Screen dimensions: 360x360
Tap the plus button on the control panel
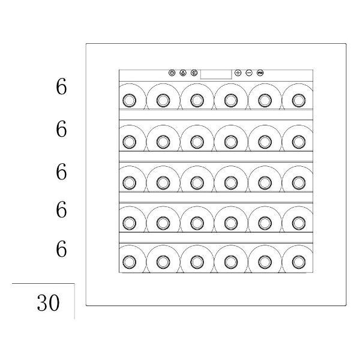coord(238,73)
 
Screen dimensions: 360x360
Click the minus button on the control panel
coord(249,73)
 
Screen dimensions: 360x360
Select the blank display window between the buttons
coord(216,74)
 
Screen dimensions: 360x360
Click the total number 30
coord(48,302)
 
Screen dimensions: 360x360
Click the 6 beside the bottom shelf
coord(61,248)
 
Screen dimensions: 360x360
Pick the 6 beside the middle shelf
coord(61,171)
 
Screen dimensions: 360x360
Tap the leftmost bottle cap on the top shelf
coord(130,100)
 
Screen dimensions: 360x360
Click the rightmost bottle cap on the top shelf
coord(299,100)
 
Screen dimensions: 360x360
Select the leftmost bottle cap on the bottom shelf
coord(130,262)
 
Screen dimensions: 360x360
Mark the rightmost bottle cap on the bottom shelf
coord(299,262)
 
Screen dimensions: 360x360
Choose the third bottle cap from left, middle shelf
coord(197,183)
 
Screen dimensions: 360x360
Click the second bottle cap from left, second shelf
coord(163,142)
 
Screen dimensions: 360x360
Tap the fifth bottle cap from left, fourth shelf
coord(265,223)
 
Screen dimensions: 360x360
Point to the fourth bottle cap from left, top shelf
coord(231,100)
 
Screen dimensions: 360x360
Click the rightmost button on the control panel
coord(260,73)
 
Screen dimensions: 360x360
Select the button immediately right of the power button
coord(183,73)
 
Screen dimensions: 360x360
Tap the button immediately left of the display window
coord(194,73)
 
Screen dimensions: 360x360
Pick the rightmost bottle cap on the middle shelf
coord(299,183)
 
